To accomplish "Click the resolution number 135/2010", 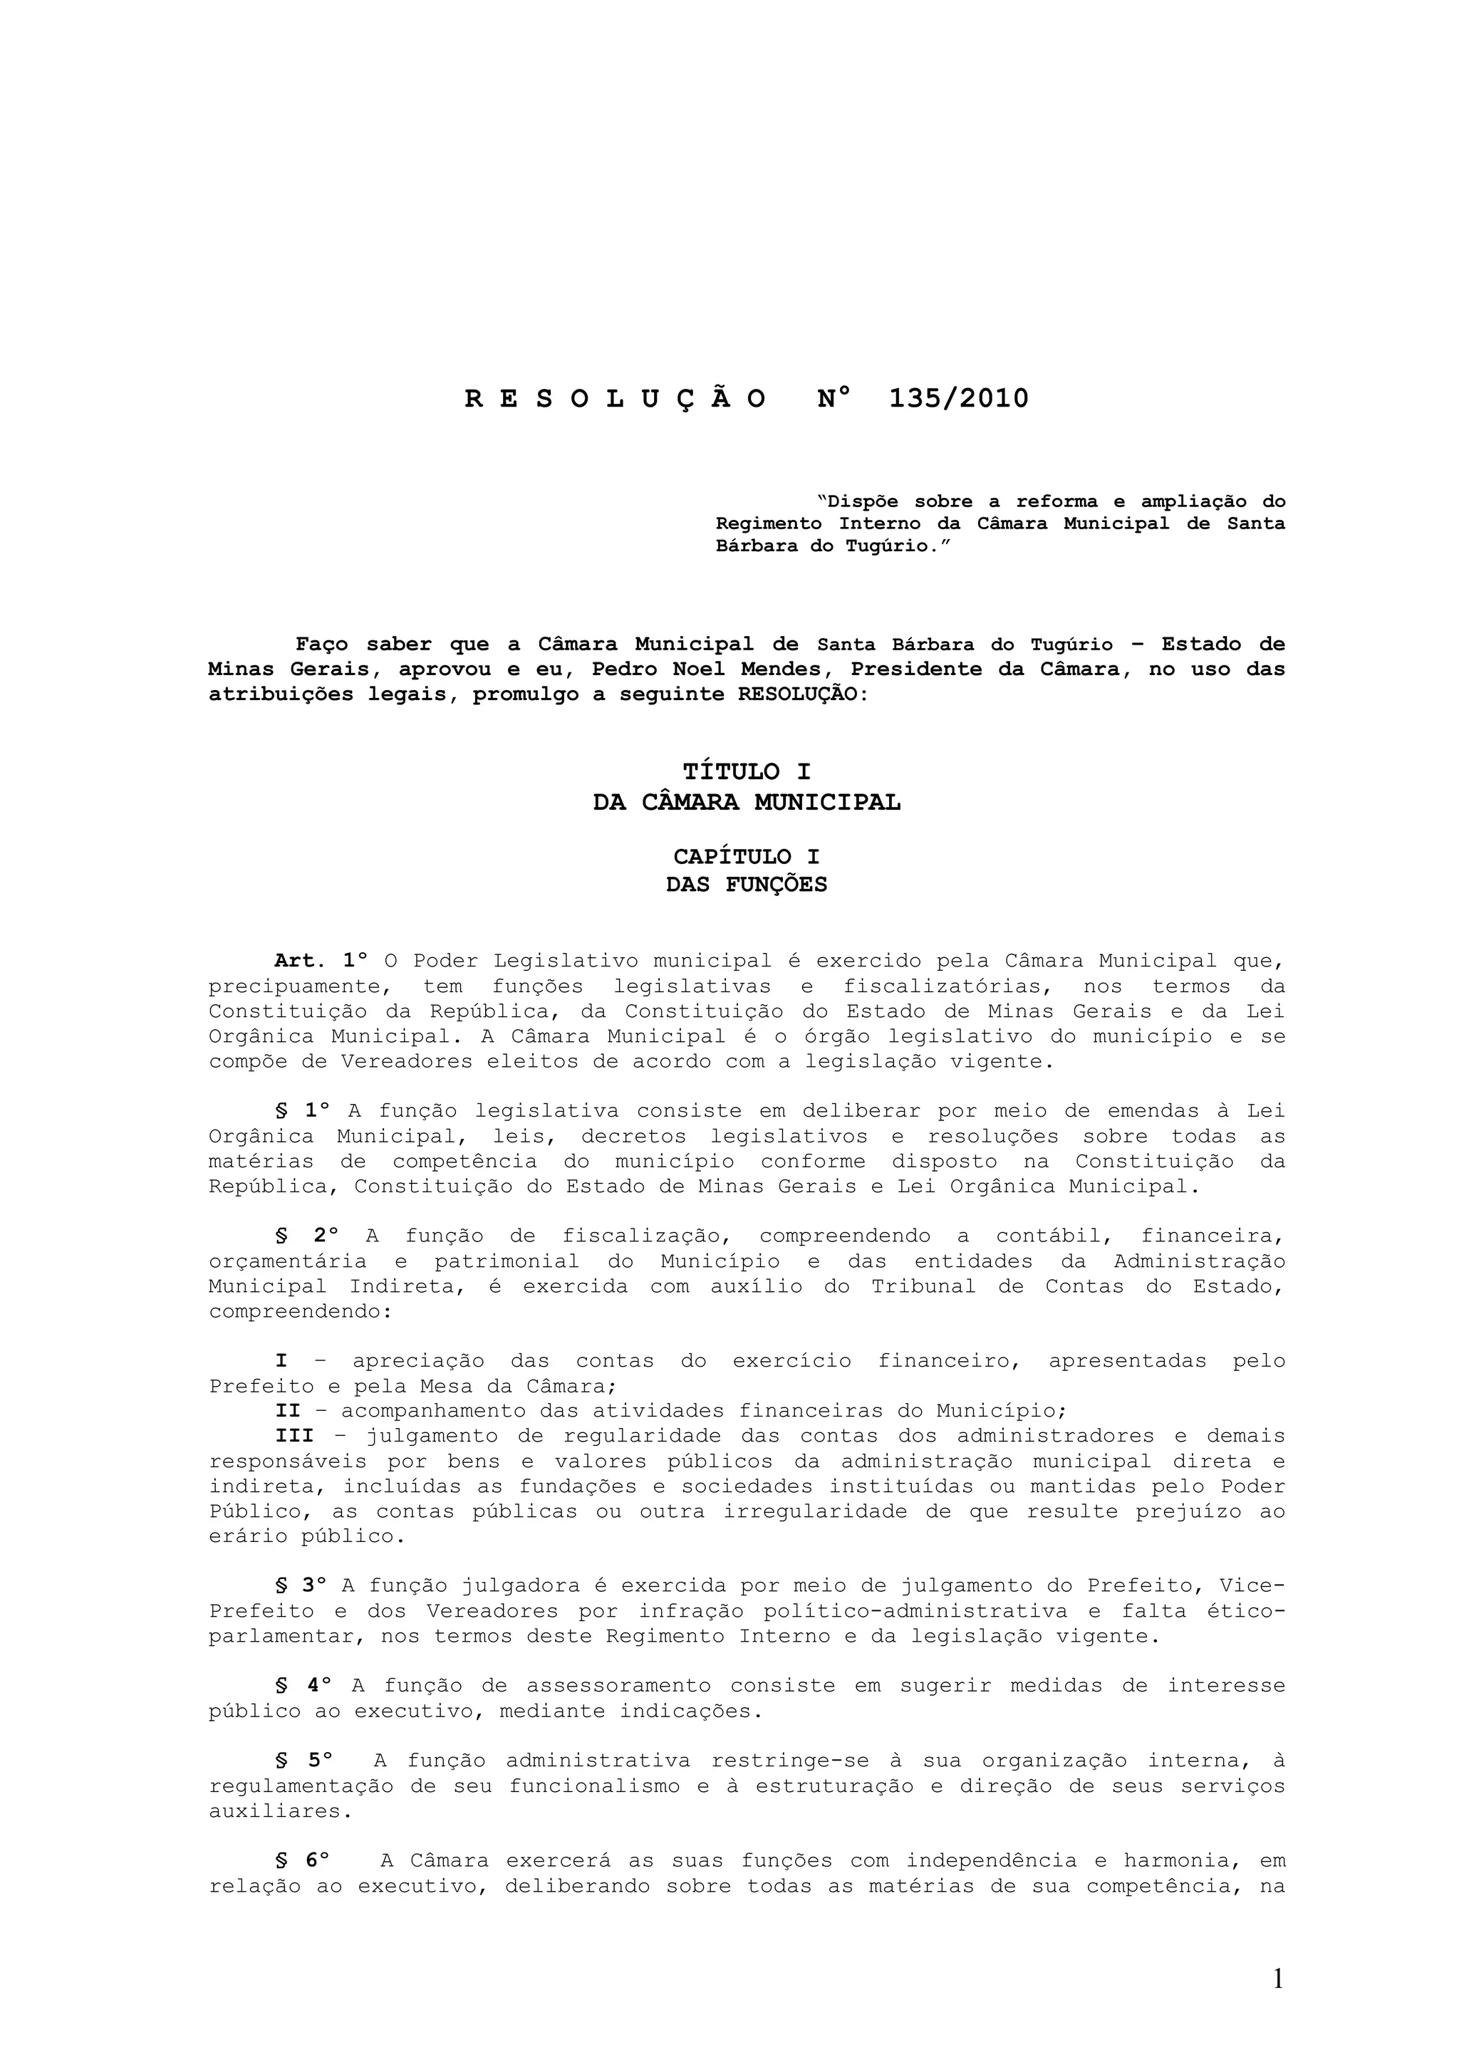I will (958, 398).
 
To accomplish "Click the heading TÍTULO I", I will (746, 771).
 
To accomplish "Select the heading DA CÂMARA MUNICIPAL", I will (746, 802).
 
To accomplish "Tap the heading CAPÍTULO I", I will (746, 857).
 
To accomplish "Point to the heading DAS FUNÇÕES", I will (746, 885).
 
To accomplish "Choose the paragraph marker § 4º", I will (303, 1686).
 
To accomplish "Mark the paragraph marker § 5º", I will (303, 1760).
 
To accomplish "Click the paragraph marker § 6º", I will (303, 1860).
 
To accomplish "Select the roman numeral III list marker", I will (294, 1436).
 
